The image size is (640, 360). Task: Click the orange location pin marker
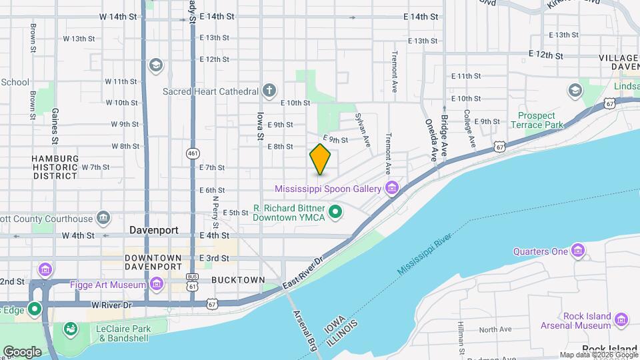click(x=321, y=159)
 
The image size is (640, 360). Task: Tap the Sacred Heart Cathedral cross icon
click(x=269, y=91)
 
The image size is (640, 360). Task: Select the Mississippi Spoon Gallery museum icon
click(x=392, y=189)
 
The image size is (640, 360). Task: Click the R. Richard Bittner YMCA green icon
click(x=337, y=213)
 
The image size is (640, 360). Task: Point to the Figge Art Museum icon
click(x=157, y=285)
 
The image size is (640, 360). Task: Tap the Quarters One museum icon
click(x=578, y=251)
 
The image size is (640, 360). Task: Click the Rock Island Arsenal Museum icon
click(x=621, y=320)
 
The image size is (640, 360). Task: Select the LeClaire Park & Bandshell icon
click(x=69, y=329)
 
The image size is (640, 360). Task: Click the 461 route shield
click(x=193, y=154)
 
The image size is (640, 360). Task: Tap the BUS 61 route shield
click(x=193, y=281)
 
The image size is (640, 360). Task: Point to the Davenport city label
click(x=154, y=230)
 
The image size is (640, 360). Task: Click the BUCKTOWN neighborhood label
click(x=238, y=280)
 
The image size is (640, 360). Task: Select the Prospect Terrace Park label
click(x=537, y=120)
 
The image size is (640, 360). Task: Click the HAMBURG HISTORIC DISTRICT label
click(x=55, y=167)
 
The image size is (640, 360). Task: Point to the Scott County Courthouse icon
click(x=103, y=217)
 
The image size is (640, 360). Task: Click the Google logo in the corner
click(x=23, y=351)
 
